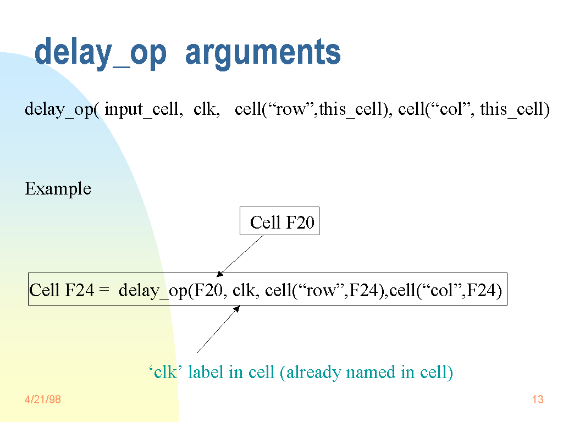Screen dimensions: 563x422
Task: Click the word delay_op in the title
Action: (101, 53)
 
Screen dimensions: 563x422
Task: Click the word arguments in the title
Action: (263, 53)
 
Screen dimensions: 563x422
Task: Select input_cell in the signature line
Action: (143, 109)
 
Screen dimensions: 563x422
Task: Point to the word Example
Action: (58, 189)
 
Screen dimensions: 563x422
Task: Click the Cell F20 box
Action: (279, 221)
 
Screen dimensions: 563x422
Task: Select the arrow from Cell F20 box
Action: (240, 256)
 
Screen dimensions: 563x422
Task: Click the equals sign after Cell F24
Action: (104, 290)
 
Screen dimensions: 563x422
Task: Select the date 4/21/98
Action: (43, 399)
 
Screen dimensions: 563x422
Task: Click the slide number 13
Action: (538, 399)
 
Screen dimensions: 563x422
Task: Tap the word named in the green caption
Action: (371, 373)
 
